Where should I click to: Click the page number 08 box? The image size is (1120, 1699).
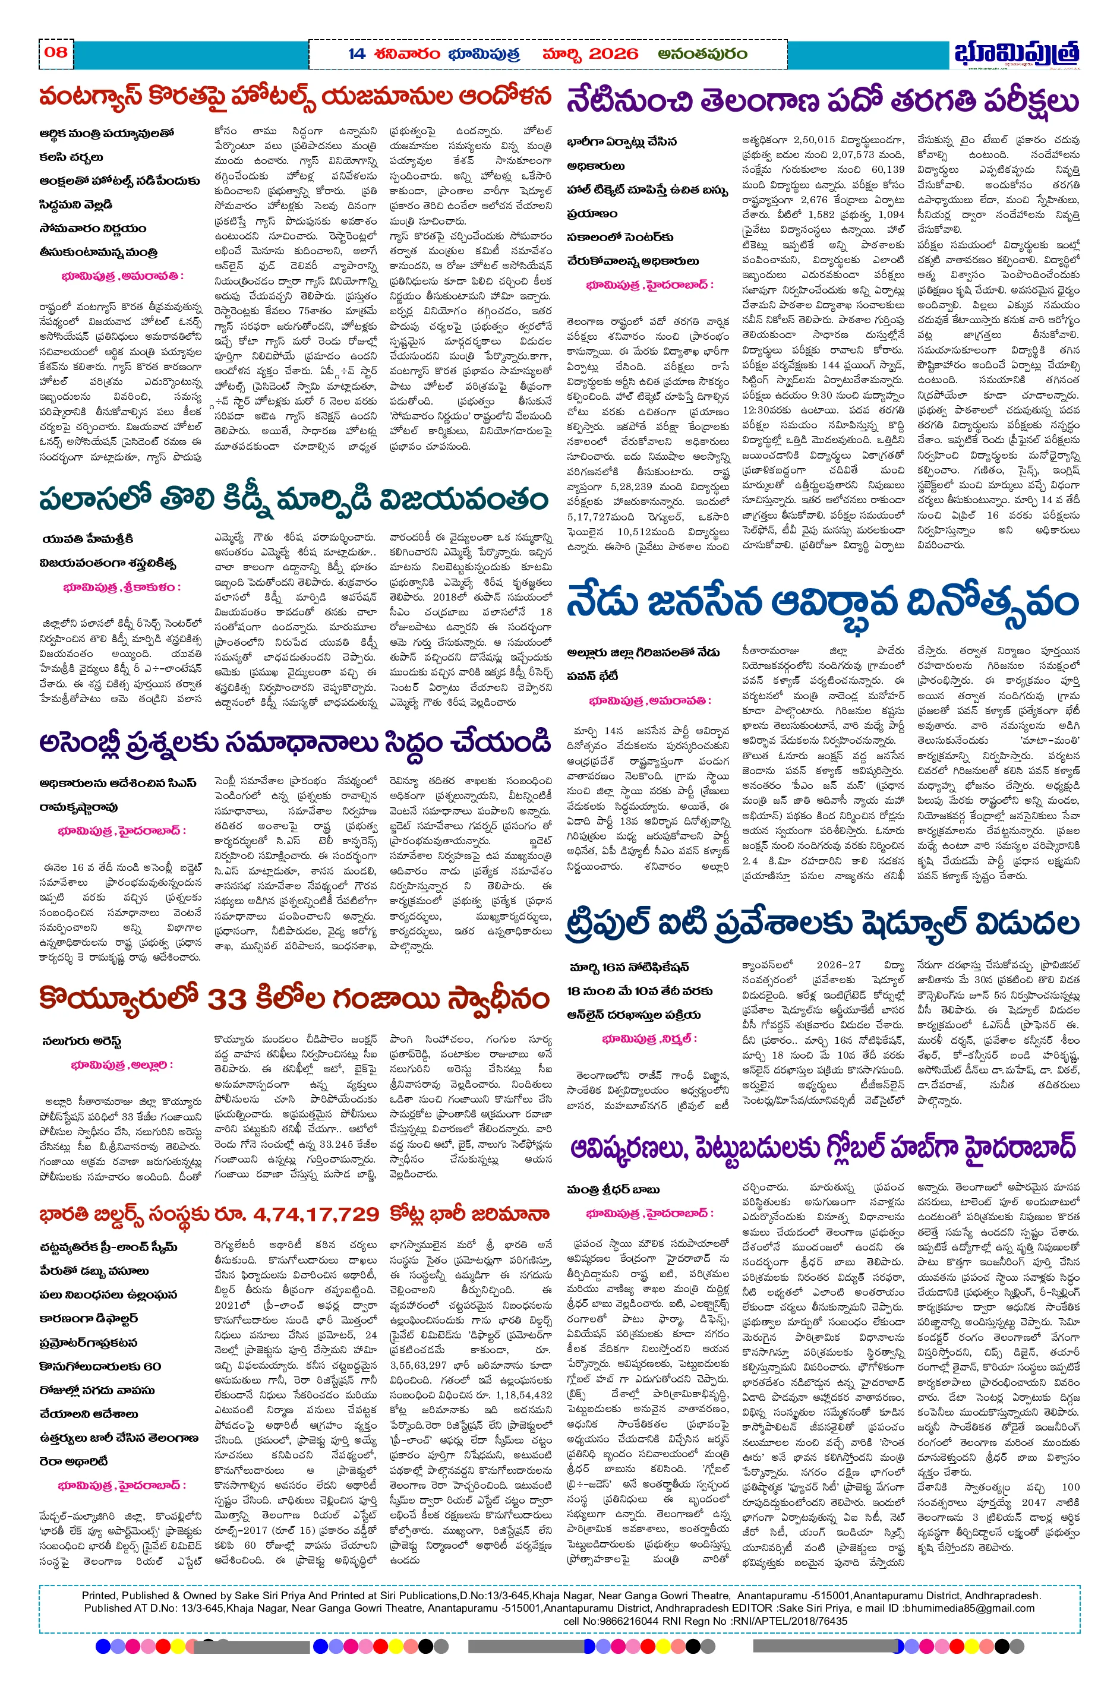tap(56, 52)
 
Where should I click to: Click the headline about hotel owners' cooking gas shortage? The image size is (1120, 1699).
tap(295, 97)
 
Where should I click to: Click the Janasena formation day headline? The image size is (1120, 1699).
tap(822, 604)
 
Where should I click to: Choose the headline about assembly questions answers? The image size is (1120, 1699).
tap(295, 743)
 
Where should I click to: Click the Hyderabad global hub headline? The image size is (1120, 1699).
tap(822, 1149)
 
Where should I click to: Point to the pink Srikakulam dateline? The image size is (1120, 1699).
tap(121, 588)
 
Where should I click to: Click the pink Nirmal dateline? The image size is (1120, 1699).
tap(649, 1038)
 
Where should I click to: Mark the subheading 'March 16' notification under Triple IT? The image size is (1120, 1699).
tap(629, 967)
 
